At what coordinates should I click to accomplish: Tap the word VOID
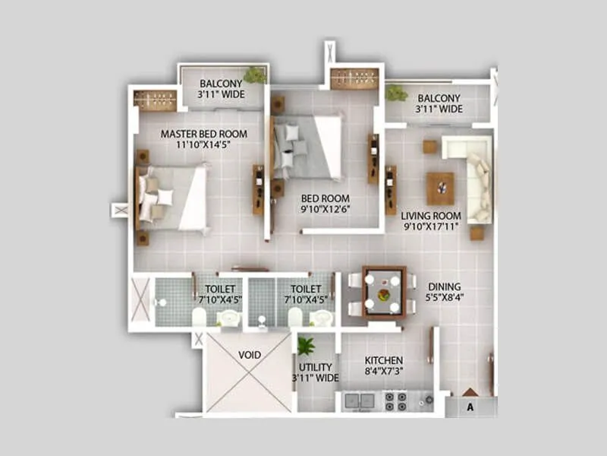pyautogui.click(x=249, y=355)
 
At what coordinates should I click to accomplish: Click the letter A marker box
pyautogui.click(x=470, y=405)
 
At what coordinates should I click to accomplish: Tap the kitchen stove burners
pyautogui.click(x=395, y=401)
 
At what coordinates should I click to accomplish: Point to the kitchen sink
pyautogui.click(x=359, y=401)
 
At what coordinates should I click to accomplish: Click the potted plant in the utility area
pyautogui.click(x=306, y=347)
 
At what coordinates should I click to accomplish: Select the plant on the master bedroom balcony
pyautogui.click(x=256, y=74)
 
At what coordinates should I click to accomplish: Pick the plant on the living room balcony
pyautogui.click(x=396, y=93)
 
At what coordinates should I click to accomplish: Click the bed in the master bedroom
pyautogui.click(x=172, y=197)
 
